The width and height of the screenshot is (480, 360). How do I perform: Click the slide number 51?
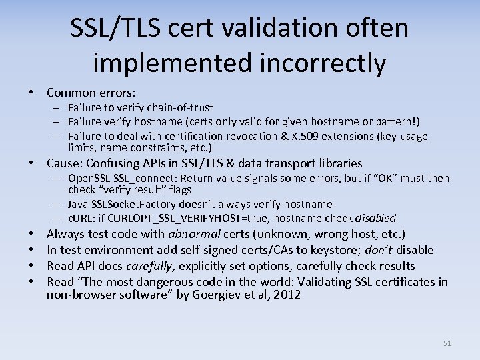pos(447,343)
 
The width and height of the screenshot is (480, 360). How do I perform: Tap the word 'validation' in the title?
pos(274,29)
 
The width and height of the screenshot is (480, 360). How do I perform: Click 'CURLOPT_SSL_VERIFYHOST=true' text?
pos(177,218)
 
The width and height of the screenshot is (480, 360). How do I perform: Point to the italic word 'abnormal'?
pos(197,234)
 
